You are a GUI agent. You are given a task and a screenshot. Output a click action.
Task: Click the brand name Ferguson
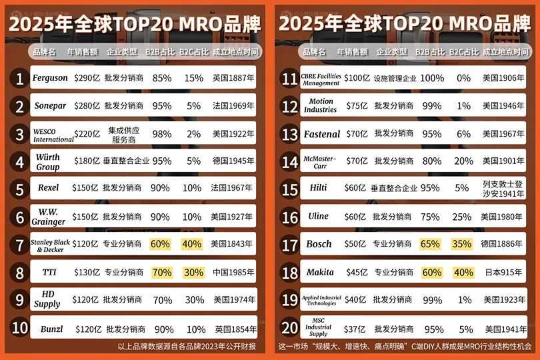pyautogui.click(x=50, y=78)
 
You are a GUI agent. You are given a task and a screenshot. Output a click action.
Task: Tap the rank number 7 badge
pyautogui.click(x=20, y=245)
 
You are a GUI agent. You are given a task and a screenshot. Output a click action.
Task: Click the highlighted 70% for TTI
pyautogui.click(x=161, y=272)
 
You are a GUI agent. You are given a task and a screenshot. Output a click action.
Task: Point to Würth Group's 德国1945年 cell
pyautogui.click(x=233, y=161)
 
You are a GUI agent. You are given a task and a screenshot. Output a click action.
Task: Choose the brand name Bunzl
pyautogui.click(x=51, y=329)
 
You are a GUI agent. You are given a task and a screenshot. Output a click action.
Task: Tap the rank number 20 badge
pyautogui.click(x=290, y=328)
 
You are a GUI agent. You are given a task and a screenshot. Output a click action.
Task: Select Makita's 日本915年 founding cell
pyautogui.click(x=501, y=272)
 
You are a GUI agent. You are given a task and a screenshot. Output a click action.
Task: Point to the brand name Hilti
pyautogui.click(x=319, y=188)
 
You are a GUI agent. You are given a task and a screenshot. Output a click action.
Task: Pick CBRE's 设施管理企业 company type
pyautogui.click(x=395, y=78)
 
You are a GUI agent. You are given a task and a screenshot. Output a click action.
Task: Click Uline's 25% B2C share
pyautogui.click(x=463, y=217)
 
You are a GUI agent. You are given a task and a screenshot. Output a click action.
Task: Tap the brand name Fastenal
pyautogui.click(x=322, y=134)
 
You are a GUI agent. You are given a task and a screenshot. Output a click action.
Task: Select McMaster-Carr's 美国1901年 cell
pyautogui.click(x=503, y=161)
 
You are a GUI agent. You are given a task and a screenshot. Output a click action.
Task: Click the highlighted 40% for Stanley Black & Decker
pyautogui.click(x=192, y=244)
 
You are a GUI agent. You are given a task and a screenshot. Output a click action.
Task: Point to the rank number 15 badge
pyautogui.click(x=290, y=189)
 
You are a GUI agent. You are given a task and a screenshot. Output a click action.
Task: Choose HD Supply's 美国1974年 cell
pyautogui.click(x=233, y=300)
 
